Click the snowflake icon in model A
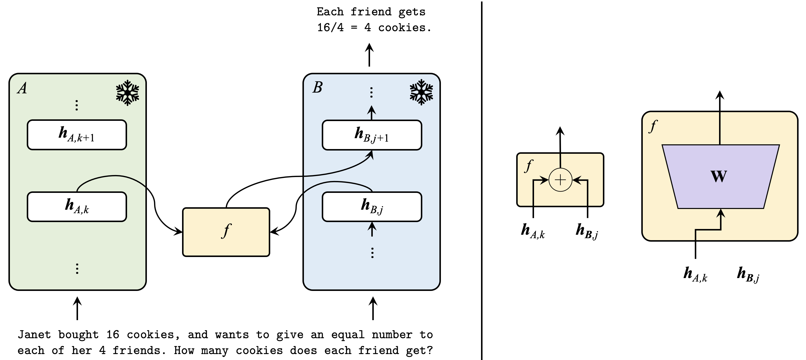(x=127, y=93)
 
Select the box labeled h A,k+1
(x=77, y=135)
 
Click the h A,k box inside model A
(x=77, y=207)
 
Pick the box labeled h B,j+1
(x=372, y=135)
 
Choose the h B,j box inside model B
(x=372, y=207)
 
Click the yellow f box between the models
(x=226, y=232)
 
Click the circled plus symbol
(x=560, y=180)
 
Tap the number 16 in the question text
(x=113, y=335)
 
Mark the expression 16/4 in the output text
(x=330, y=27)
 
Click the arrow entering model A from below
(x=77, y=309)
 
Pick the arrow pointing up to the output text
(x=370, y=55)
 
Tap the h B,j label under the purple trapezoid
(x=748, y=275)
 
